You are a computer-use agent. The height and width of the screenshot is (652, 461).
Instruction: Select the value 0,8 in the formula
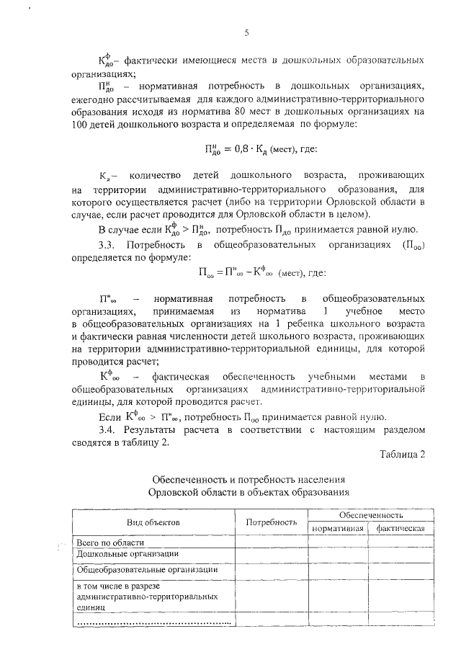coord(237,151)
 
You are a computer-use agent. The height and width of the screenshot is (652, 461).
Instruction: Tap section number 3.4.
coord(108,430)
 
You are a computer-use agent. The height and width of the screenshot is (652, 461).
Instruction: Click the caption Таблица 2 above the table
coord(402,454)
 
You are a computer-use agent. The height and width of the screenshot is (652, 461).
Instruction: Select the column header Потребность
coord(272,522)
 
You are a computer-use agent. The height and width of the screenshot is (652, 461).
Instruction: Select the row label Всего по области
coord(106,542)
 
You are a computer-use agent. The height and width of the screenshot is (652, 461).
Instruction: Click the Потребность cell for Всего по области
coord(272,542)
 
